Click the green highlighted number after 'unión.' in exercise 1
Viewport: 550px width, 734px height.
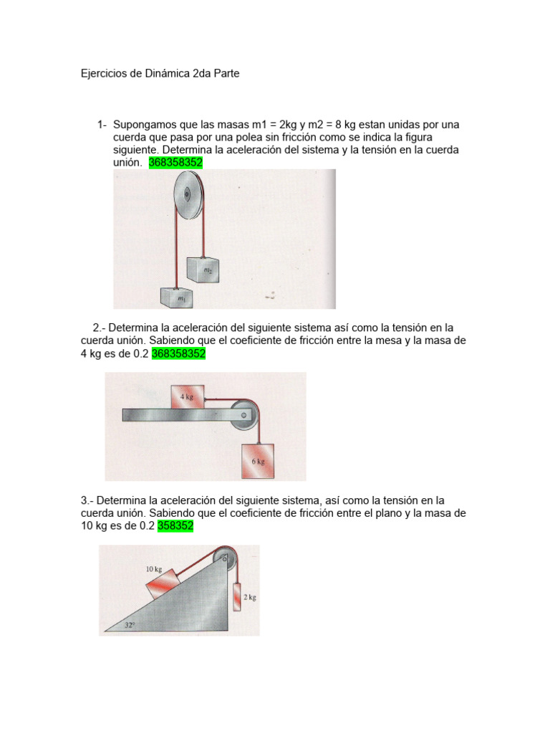[175, 163]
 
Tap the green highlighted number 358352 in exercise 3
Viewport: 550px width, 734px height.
[175, 526]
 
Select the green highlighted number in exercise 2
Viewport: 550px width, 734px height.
[178, 353]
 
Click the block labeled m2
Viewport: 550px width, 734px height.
[203, 269]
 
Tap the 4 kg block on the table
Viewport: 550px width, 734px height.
[186, 396]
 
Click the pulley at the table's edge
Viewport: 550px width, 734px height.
[244, 414]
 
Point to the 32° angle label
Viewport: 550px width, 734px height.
[129, 624]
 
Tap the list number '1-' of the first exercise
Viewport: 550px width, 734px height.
[102, 125]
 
